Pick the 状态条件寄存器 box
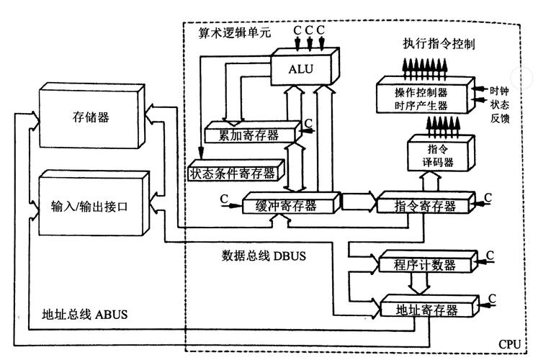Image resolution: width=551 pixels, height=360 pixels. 233,173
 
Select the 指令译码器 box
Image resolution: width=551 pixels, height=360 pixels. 437,156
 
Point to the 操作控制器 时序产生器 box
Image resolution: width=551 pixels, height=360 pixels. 421,99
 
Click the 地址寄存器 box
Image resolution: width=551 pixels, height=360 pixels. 427,310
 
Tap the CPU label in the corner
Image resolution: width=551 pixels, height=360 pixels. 509,344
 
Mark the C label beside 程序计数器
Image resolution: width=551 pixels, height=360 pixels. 490,255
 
